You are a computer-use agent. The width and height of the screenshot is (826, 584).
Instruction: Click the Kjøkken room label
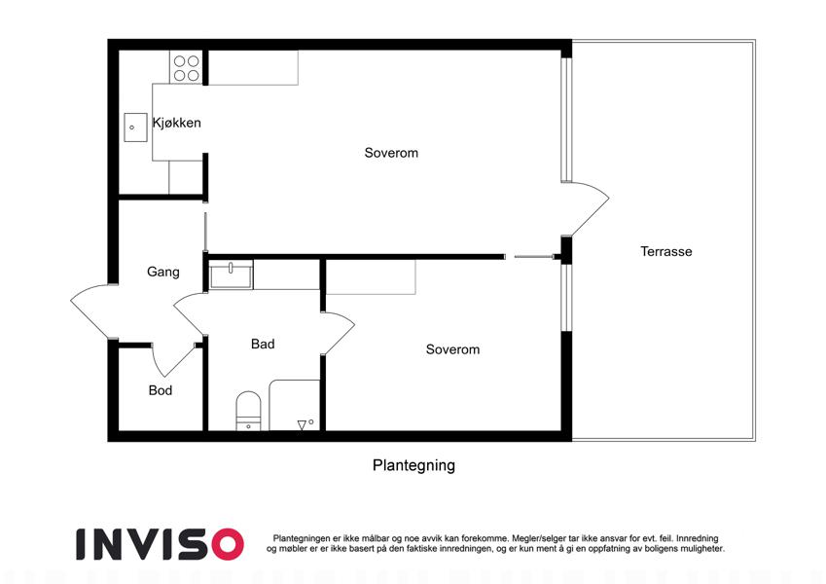(x=176, y=123)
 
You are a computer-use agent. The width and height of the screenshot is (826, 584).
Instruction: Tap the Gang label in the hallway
(x=162, y=272)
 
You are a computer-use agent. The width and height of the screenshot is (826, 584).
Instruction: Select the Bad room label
(x=263, y=345)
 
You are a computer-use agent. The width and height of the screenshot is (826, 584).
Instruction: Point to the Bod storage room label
(x=161, y=390)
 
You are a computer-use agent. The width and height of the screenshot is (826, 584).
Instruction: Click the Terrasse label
(x=665, y=251)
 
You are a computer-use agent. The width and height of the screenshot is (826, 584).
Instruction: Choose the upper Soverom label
(x=391, y=153)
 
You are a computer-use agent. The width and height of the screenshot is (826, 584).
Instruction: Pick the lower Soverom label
(x=452, y=349)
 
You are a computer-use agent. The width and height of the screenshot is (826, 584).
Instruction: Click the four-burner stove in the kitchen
(x=186, y=68)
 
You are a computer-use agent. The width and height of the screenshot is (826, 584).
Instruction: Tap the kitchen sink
(x=135, y=128)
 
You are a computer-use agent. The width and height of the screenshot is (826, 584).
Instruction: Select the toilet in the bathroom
(x=248, y=411)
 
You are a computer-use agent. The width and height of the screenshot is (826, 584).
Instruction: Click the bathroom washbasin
(x=232, y=274)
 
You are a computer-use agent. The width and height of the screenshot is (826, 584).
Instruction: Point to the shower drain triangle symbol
(x=302, y=424)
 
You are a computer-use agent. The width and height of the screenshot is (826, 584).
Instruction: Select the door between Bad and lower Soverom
(x=339, y=334)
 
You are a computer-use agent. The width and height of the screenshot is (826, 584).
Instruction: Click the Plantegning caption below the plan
(x=413, y=465)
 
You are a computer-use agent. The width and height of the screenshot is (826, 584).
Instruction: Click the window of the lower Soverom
(x=567, y=297)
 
